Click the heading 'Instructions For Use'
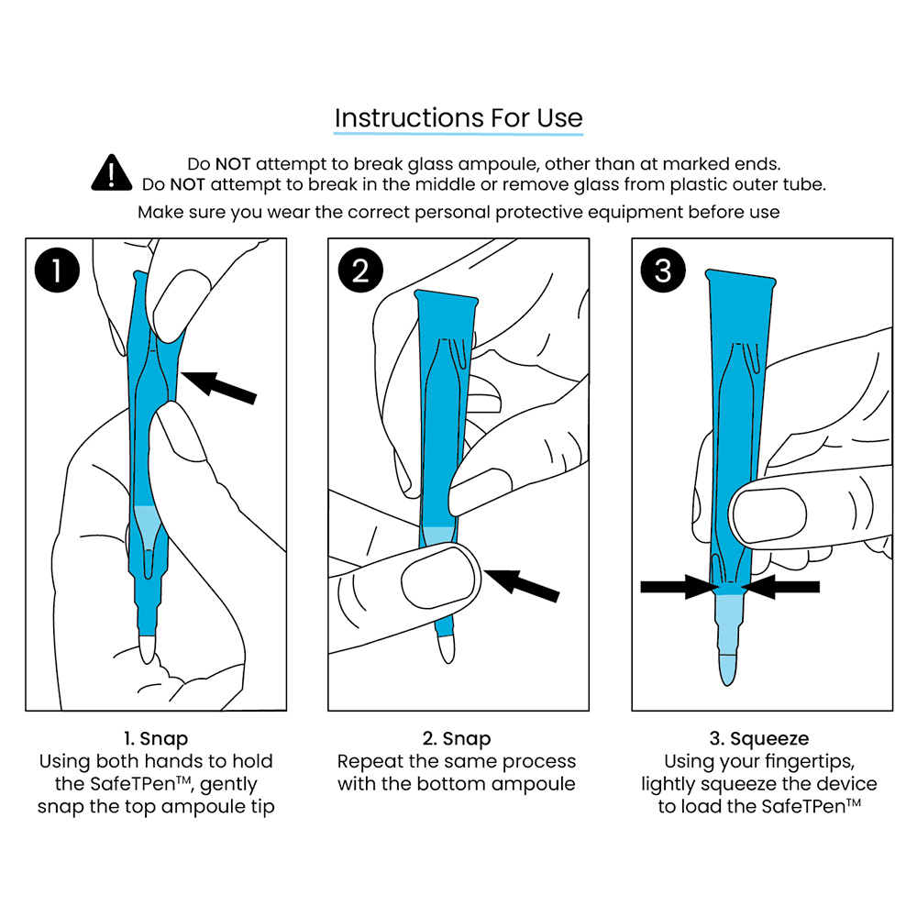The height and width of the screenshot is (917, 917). pyautogui.click(x=458, y=118)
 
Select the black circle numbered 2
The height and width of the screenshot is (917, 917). pyautogui.click(x=359, y=271)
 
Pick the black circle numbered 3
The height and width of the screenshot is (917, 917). pyautogui.click(x=663, y=271)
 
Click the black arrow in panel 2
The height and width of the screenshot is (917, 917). pyautogui.click(x=522, y=584)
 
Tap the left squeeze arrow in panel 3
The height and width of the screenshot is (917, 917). pyautogui.click(x=678, y=587)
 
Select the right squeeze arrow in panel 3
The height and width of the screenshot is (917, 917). pyautogui.click(x=779, y=587)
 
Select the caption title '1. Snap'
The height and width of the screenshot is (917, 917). pyautogui.click(x=156, y=738)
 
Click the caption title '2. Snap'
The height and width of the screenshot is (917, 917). pyautogui.click(x=457, y=738)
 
